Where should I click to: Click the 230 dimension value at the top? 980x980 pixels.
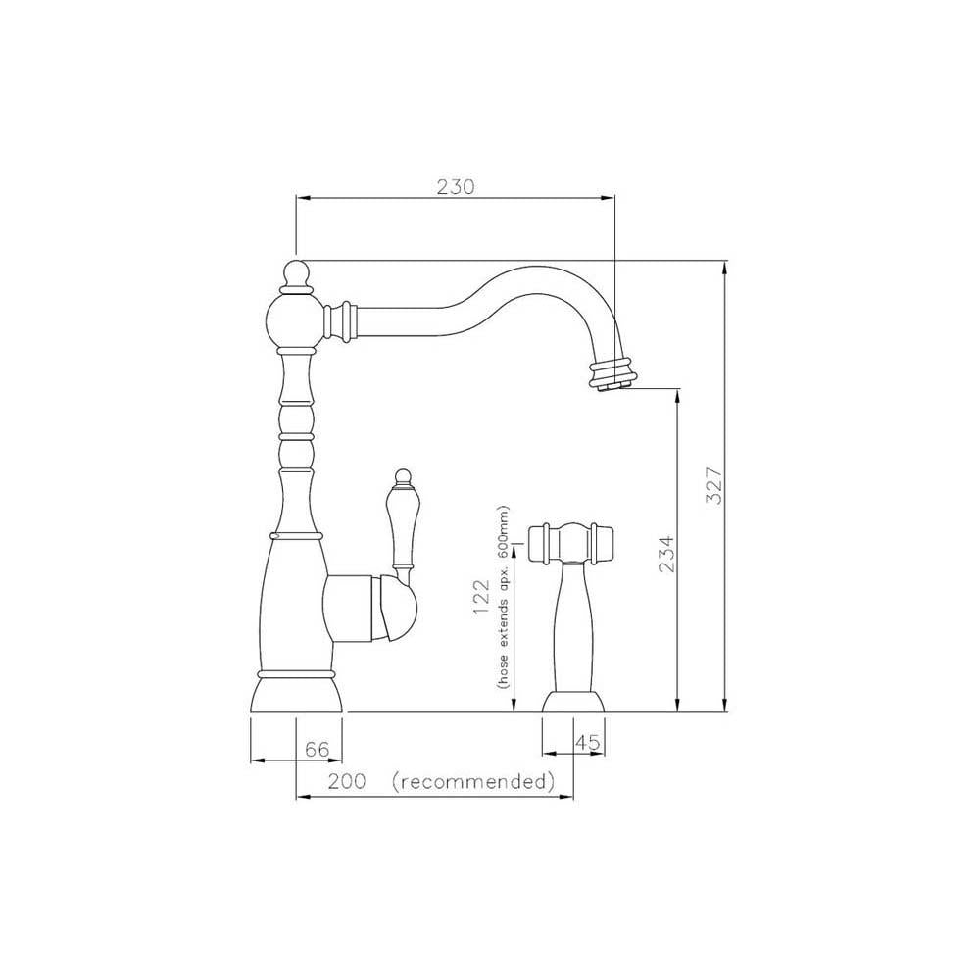point(455,186)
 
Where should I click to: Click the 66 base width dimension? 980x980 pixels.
point(316,750)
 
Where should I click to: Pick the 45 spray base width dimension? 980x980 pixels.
point(586,744)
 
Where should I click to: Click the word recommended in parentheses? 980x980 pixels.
point(472,782)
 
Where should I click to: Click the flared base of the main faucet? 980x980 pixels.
point(297,694)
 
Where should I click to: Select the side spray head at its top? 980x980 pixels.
point(571,543)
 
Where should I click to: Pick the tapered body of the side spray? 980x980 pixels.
point(571,627)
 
